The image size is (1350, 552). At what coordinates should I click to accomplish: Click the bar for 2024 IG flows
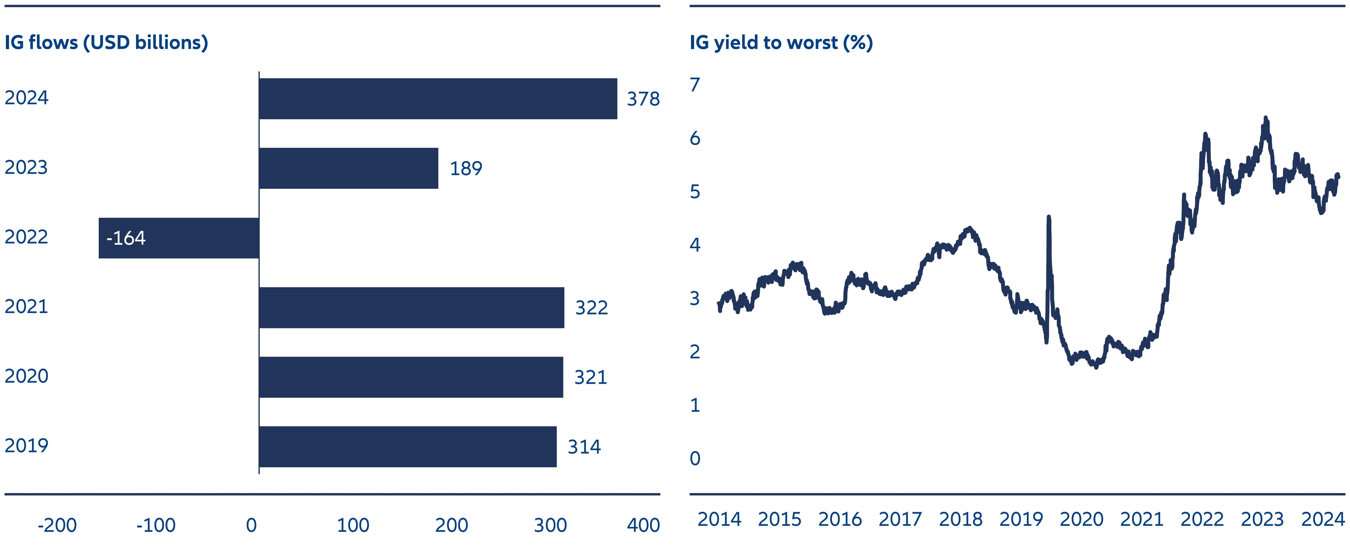[438, 98]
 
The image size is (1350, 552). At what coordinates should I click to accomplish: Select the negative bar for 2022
[179, 238]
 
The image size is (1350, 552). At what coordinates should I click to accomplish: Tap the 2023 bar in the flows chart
[349, 168]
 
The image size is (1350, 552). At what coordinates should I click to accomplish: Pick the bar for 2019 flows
[408, 447]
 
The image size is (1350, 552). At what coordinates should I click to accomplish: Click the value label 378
[643, 99]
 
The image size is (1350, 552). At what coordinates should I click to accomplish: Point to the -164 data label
[126, 239]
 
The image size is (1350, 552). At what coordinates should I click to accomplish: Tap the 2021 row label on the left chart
[26, 307]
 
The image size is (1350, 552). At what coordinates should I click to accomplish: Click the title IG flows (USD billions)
[106, 43]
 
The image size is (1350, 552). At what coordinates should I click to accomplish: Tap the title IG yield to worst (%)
[781, 43]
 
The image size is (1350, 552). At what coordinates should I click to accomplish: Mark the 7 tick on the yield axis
[695, 85]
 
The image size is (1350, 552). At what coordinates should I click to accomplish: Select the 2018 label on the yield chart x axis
[961, 519]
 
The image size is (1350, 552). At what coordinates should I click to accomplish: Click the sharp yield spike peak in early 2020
[1048, 217]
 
